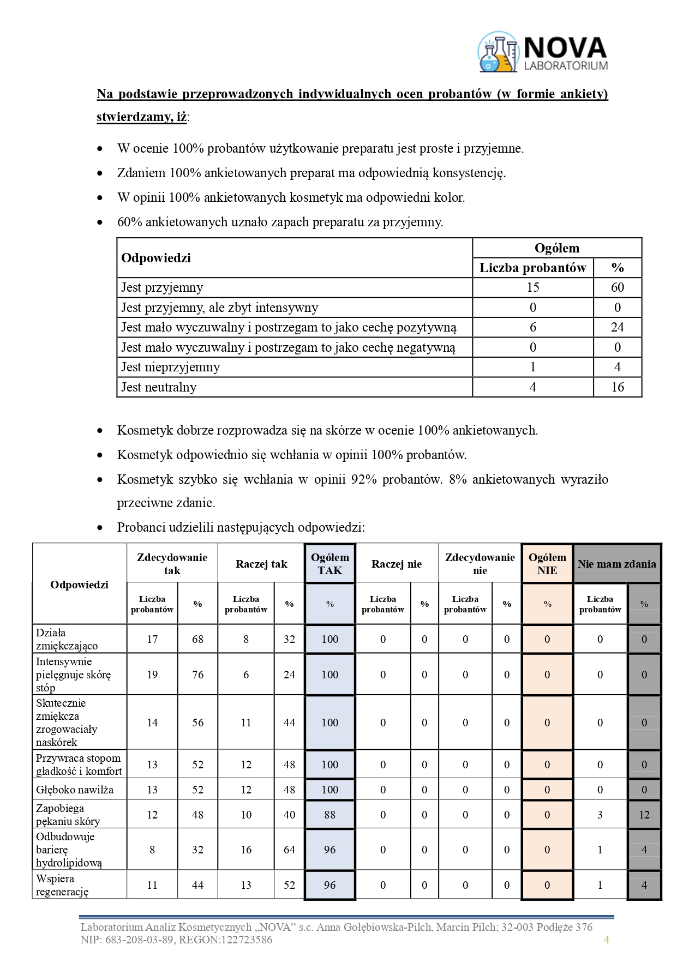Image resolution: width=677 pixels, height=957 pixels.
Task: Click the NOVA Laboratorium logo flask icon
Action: (498, 52)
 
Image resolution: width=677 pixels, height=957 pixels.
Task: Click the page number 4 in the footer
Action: (606, 939)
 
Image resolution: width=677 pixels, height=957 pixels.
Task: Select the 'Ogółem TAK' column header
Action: (330, 564)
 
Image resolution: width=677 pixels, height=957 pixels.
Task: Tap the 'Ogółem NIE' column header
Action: (547, 564)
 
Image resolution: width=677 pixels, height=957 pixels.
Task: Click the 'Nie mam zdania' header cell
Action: (616, 564)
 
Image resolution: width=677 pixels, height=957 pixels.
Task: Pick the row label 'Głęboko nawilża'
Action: (75, 790)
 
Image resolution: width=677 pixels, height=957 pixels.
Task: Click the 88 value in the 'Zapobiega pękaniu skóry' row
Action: (330, 815)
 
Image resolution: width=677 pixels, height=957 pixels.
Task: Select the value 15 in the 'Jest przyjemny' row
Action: (532, 287)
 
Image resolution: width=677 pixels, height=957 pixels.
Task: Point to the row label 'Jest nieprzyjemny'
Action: (170, 367)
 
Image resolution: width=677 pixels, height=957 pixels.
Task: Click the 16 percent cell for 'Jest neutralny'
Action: (617, 387)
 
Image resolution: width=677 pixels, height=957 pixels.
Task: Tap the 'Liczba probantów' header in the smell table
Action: (532, 268)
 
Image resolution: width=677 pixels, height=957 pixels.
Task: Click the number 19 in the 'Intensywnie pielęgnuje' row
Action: (152, 675)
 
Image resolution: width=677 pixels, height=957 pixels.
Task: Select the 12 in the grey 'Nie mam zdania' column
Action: (644, 815)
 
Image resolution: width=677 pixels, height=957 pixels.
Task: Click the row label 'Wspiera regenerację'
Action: (62, 885)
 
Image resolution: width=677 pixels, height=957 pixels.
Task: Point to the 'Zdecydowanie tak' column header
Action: (172, 564)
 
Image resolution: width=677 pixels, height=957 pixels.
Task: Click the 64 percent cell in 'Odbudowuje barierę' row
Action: (289, 850)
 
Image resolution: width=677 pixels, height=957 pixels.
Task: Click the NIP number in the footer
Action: (135, 940)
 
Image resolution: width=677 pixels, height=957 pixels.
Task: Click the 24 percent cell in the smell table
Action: (617, 327)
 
